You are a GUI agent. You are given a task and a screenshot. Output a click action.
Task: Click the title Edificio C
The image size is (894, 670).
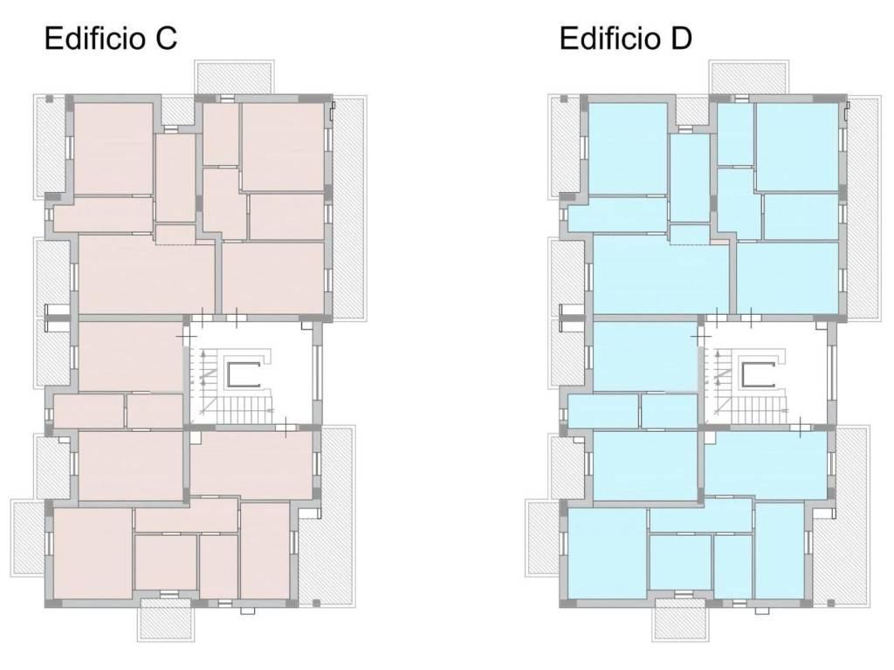coord(111,38)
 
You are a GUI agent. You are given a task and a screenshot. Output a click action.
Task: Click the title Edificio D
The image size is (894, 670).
coord(625,38)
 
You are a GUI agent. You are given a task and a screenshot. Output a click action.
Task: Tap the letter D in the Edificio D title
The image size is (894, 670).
coord(680,38)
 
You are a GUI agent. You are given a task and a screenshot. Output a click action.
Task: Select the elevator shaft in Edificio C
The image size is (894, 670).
coord(244,374)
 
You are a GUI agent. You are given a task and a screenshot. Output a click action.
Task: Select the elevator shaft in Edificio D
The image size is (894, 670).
coord(759,374)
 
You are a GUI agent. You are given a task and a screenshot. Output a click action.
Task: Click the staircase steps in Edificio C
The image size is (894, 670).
coord(245,410)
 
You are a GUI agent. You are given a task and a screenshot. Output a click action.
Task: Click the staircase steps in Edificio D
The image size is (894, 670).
coord(760,410)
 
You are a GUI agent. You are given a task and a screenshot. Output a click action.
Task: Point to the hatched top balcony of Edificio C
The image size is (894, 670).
coord(234,77)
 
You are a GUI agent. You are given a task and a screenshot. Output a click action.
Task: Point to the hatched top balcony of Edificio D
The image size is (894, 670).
coord(749,77)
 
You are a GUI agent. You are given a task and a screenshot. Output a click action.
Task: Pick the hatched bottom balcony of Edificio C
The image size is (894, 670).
coord(165,620)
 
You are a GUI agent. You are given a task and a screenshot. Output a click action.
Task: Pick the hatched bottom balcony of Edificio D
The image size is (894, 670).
coord(680,620)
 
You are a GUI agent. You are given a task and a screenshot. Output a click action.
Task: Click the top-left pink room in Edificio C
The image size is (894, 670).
coord(113,148)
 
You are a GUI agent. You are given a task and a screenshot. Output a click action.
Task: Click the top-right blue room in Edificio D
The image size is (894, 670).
coord(797,147)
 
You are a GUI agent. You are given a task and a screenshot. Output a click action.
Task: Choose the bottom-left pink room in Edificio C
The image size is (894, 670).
coord(93,553)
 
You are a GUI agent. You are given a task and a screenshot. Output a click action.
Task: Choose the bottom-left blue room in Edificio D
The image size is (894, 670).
coord(608,553)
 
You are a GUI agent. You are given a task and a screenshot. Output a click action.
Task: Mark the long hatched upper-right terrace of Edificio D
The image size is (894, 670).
coord(863,208)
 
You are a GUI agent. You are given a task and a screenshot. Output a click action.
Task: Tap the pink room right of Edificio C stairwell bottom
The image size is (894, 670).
coord(251,463)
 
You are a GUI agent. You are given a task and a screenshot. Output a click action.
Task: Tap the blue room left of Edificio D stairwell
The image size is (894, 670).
coord(645,357)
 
